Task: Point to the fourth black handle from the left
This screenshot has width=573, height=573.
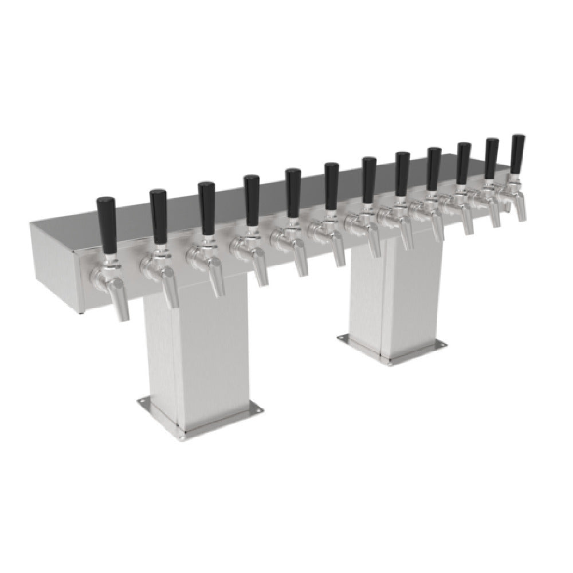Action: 252,194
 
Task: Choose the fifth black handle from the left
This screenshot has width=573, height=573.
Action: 293,186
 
